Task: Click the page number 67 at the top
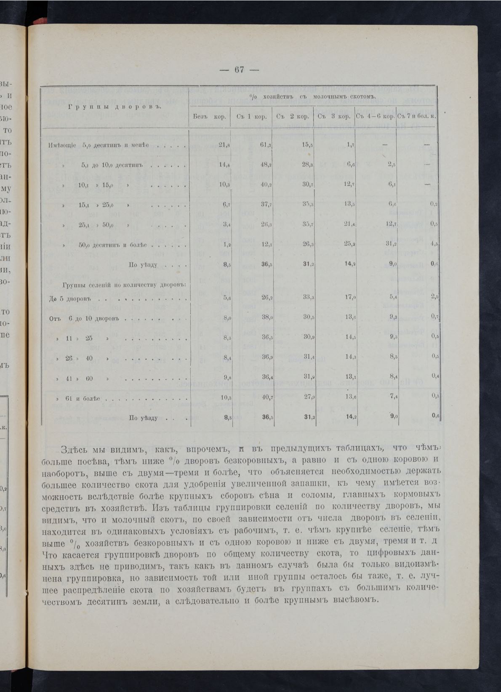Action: click(x=239, y=70)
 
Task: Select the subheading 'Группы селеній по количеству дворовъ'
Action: click(x=124, y=285)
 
